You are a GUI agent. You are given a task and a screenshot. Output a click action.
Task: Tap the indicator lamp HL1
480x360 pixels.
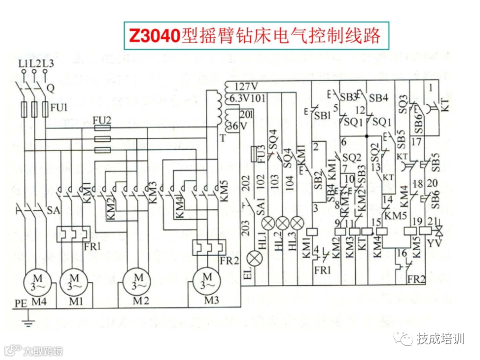(x=270, y=222)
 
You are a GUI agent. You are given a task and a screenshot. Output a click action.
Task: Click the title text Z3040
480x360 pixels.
(x=154, y=35)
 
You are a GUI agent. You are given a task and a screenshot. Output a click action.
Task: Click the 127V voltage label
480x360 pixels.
(x=245, y=85)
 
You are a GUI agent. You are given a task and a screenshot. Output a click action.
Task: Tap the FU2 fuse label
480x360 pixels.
(x=102, y=120)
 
